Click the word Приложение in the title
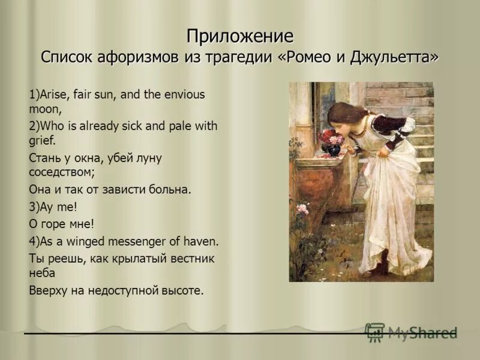239,37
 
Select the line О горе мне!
62,224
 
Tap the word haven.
202,242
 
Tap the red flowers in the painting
331,137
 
